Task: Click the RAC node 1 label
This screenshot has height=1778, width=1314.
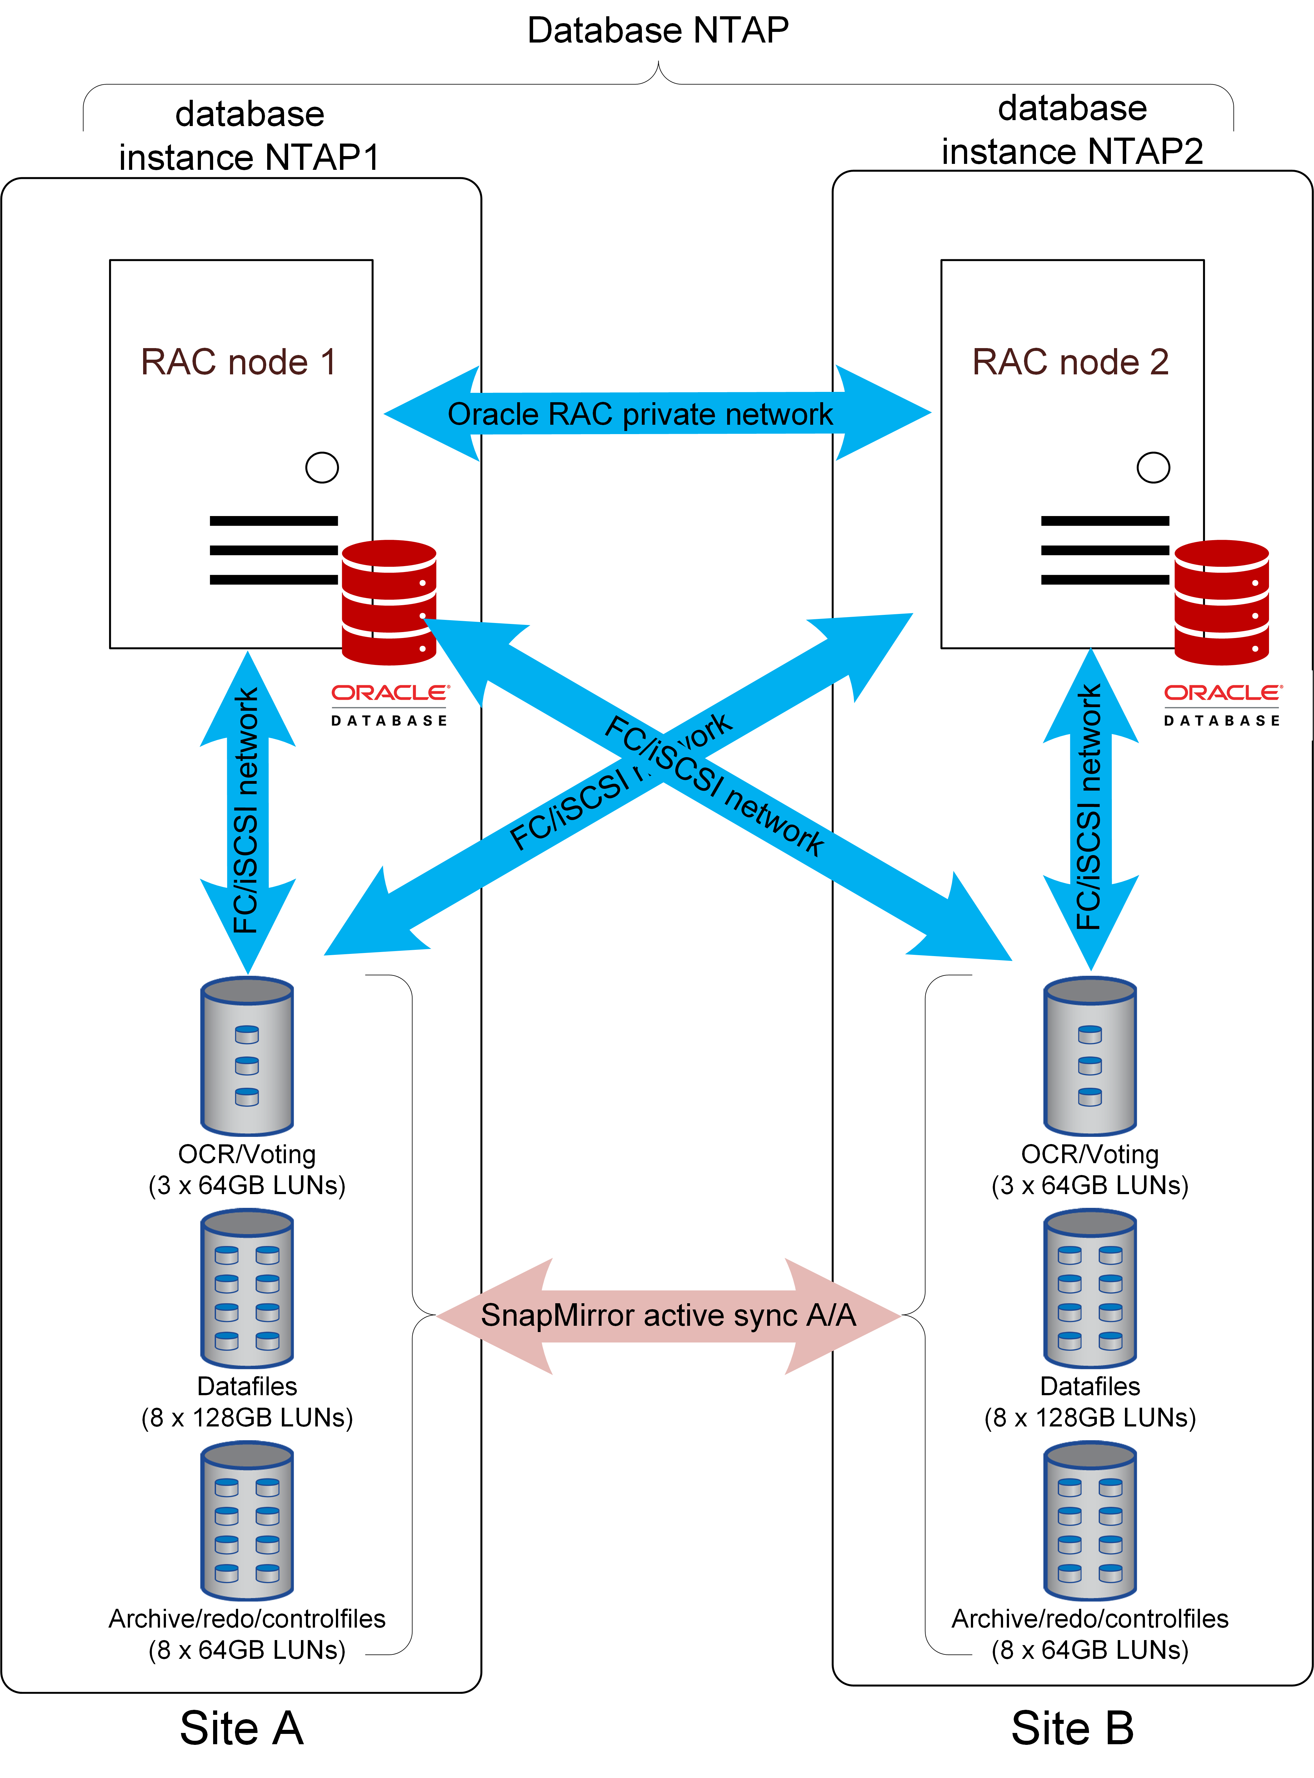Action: pyautogui.click(x=239, y=362)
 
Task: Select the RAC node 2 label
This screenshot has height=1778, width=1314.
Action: pyautogui.click(x=1071, y=362)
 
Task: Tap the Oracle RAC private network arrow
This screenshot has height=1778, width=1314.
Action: pyautogui.click(x=640, y=414)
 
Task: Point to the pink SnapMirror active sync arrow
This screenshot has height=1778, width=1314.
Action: pyautogui.click(x=668, y=1315)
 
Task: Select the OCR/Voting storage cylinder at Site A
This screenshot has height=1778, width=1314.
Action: pyautogui.click(x=247, y=1056)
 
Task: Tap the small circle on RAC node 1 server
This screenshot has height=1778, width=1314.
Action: pyautogui.click(x=322, y=467)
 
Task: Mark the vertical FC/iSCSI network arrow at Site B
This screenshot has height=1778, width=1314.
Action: pyautogui.click(x=1091, y=808)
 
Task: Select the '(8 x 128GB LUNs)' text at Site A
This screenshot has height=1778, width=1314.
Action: pyautogui.click(x=247, y=1417)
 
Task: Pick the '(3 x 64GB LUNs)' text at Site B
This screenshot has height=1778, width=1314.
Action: pyautogui.click(x=1090, y=1185)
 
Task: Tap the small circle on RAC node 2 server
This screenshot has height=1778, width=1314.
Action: pyautogui.click(x=1153, y=467)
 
